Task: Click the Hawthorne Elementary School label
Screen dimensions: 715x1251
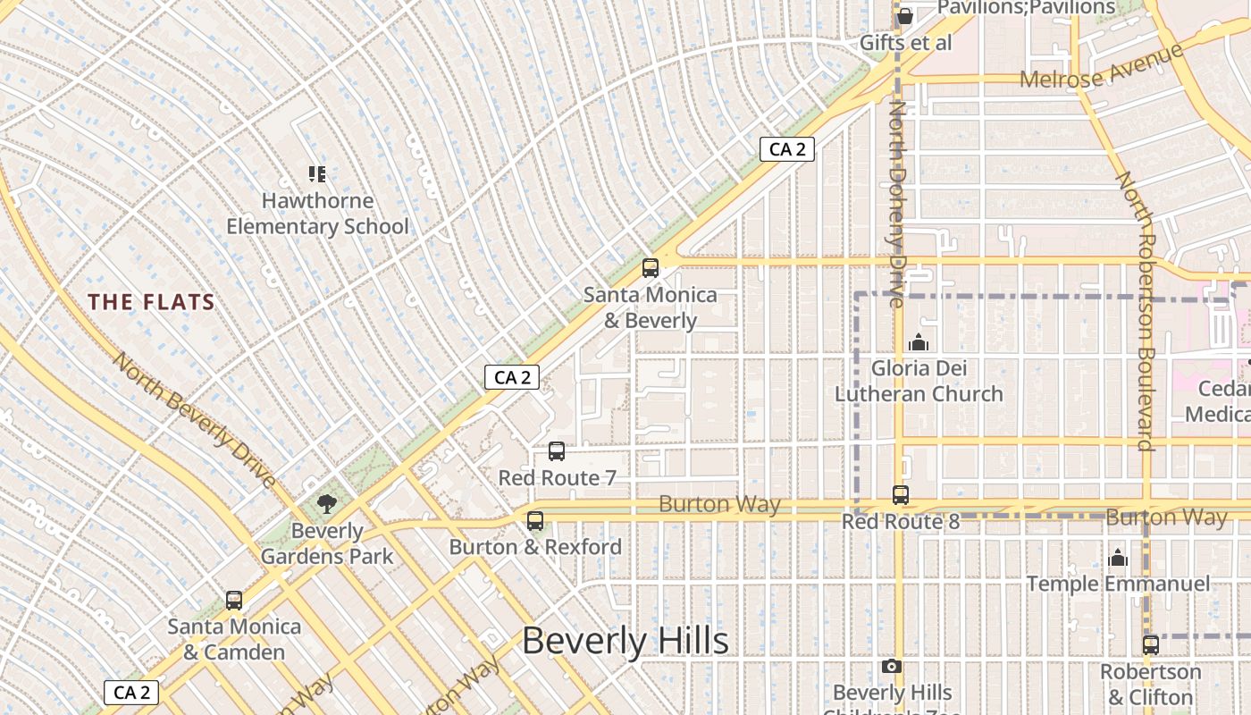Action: [x=317, y=214]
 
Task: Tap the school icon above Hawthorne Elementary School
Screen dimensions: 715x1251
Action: [x=317, y=173]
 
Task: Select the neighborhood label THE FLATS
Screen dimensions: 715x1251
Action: [x=152, y=302]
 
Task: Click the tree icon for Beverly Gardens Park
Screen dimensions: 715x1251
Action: [x=327, y=503]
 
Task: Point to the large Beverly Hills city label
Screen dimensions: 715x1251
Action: [x=625, y=642]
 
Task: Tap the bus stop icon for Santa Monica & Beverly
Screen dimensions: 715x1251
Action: [x=651, y=267]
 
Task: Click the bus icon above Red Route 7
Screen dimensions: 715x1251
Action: [x=557, y=451]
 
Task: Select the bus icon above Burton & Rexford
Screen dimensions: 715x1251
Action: [x=535, y=520]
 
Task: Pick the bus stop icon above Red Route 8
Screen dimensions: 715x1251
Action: [x=901, y=494]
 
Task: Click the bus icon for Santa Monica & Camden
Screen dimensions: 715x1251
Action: [x=234, y=600]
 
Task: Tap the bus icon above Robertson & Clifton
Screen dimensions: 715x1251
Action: [x=1151, y=644]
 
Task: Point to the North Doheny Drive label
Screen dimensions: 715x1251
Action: [x=897, y=204]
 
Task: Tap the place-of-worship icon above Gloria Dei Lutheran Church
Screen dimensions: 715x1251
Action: [x=918, y=342]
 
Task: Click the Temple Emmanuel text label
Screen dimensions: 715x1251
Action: [x=1118, y=585]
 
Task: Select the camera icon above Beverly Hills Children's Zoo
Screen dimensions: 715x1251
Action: [x=891, y=666]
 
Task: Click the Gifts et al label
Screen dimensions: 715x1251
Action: [x=905, y=43]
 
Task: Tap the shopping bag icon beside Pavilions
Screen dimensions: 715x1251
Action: [x=904, y=15]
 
